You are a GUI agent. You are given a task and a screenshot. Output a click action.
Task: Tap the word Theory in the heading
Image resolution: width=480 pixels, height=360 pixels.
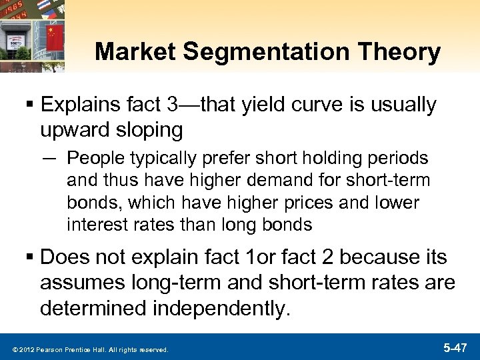[x=405, y=52]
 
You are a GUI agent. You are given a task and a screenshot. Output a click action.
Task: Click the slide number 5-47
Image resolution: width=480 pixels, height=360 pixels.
[x=456, y=348]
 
